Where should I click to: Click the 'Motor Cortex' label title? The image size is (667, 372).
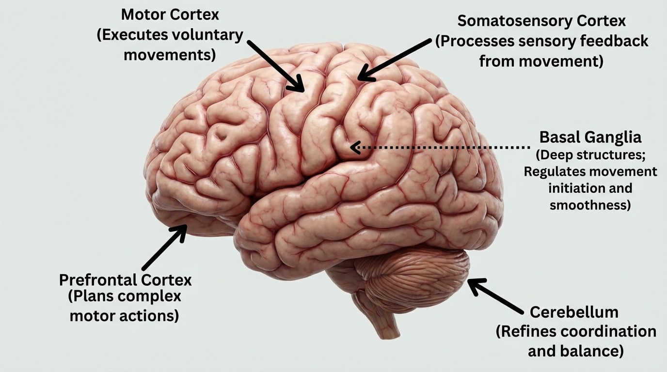tap(170, 15)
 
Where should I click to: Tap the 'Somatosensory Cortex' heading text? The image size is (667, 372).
tap(541, 21)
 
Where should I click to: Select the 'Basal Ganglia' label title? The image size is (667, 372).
tap(590, 137)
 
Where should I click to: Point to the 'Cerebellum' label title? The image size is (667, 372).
tap(574, 311)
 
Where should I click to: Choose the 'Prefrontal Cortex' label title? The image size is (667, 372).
tap(125, 279)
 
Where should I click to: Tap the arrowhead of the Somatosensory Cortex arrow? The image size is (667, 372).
tap(364, 77)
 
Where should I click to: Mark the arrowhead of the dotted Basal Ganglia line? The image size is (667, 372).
tap(354, 147)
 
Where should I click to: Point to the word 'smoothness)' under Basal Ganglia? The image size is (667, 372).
tap(590, 205)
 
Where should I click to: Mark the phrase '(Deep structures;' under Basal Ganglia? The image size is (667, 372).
tap(590, 155)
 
